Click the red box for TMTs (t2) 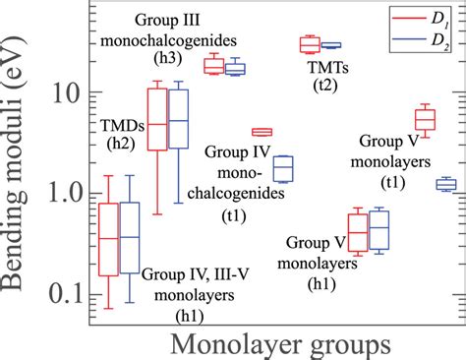coord(310,44)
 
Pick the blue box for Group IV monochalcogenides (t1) coord(282,168)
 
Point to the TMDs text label coord(120,124)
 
